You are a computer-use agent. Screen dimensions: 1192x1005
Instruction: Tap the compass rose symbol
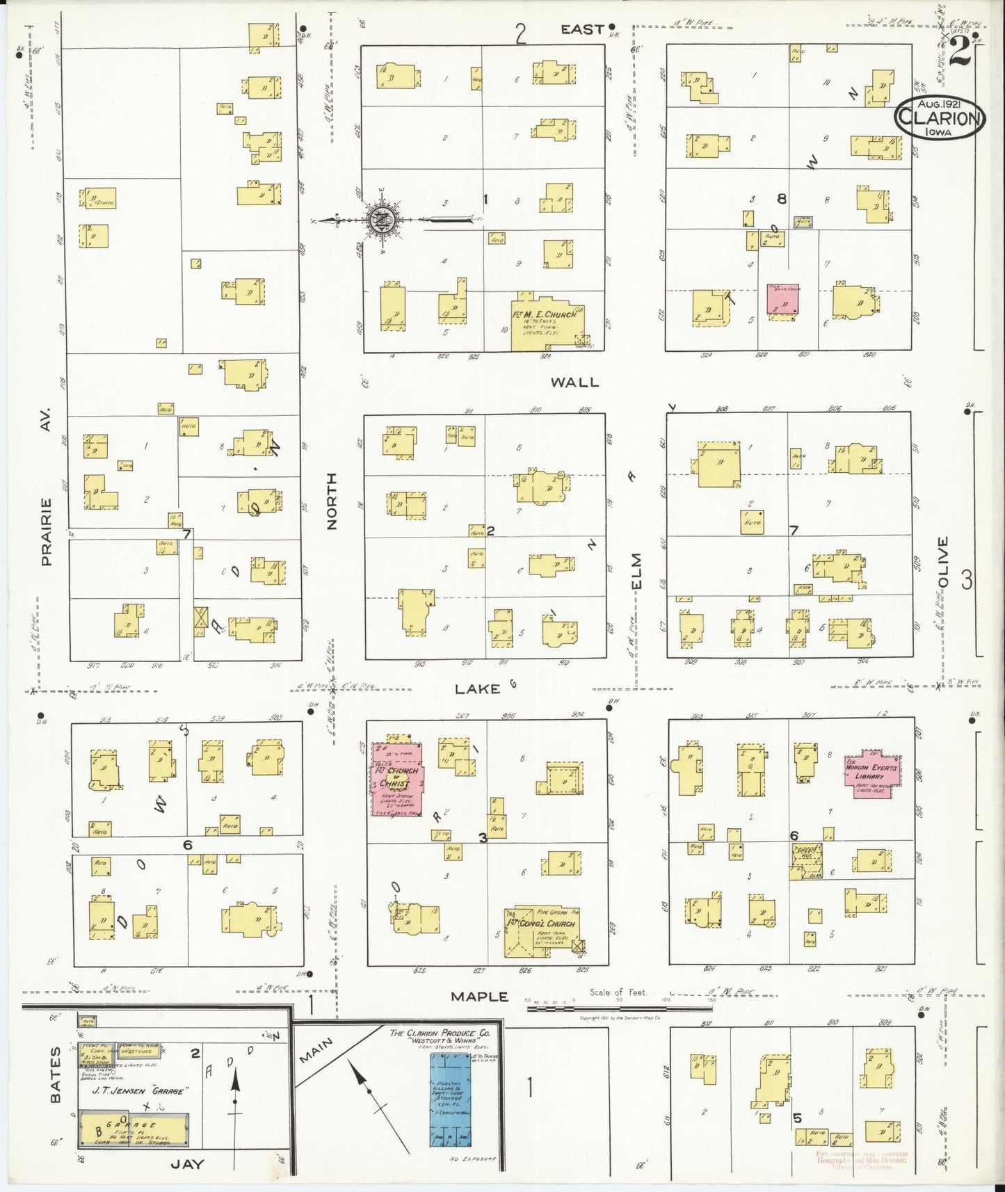(x=382, y=220)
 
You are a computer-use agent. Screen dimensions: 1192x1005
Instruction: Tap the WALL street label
(x=574, y=382)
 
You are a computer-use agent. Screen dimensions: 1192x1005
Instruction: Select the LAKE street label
(x=478, y=688)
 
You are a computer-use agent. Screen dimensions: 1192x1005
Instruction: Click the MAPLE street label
(x=479, y=997)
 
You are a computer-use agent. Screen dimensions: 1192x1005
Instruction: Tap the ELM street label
(x=637, y=570)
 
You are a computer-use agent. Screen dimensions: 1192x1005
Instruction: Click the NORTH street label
(x=331, y=501)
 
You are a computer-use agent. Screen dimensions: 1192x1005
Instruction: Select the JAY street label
(x=188, y=1164)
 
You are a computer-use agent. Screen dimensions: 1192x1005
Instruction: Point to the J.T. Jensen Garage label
(x=139, y=1091)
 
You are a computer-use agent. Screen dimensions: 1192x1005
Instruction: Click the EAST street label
(x=582, y=29)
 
